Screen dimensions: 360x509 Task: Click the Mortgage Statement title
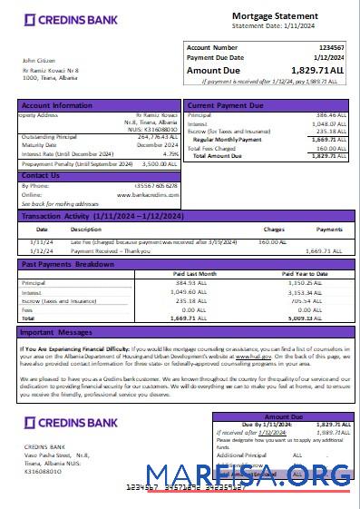(x=268, y=16)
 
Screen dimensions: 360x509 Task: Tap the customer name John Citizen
(x=38, y=61)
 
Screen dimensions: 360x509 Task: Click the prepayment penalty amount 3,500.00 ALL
(x=148, y=164)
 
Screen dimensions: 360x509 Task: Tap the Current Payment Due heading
(x=226, y=105)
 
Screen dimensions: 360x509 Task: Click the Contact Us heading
(x=40, y=175)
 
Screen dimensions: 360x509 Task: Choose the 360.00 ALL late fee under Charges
(x=273, y=242)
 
